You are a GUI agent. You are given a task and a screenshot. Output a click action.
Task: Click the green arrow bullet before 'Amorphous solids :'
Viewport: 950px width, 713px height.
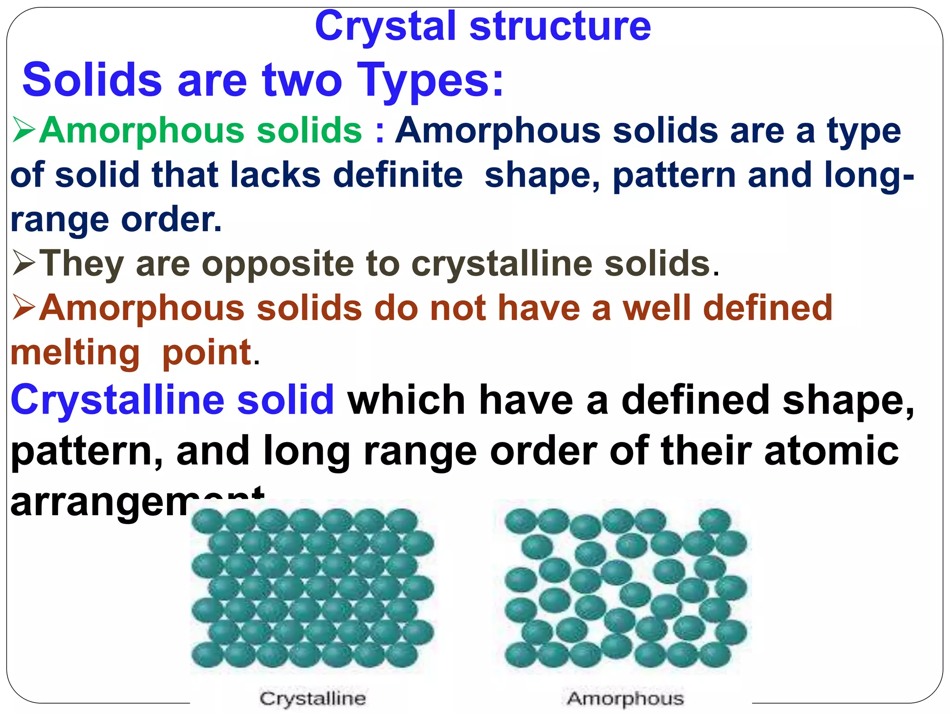click(24, 130)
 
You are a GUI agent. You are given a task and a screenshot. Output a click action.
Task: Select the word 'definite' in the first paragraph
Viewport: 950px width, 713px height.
click(398, 175)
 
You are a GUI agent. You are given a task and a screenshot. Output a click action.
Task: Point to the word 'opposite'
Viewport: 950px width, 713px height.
click(277, 264)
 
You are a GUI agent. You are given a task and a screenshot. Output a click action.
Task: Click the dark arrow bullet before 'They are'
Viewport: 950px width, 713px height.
click(24, 263)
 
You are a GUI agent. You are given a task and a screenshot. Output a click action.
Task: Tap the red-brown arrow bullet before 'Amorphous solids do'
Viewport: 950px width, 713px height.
click(24, 308)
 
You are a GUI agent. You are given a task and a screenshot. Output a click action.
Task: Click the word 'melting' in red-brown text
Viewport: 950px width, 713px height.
click(75, 353)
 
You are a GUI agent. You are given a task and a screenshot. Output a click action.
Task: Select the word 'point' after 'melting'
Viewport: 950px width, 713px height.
click(206, 352)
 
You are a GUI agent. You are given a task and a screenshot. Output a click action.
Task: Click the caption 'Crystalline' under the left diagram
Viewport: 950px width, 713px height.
click(312, 698)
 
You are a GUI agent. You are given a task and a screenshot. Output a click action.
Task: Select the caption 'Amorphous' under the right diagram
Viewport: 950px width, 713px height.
click(625, 698)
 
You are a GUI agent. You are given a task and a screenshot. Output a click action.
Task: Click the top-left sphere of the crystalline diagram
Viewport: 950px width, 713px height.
click(207, 521)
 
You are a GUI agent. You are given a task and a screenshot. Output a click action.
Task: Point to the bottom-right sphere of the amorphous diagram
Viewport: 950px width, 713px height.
click(715, 655)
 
